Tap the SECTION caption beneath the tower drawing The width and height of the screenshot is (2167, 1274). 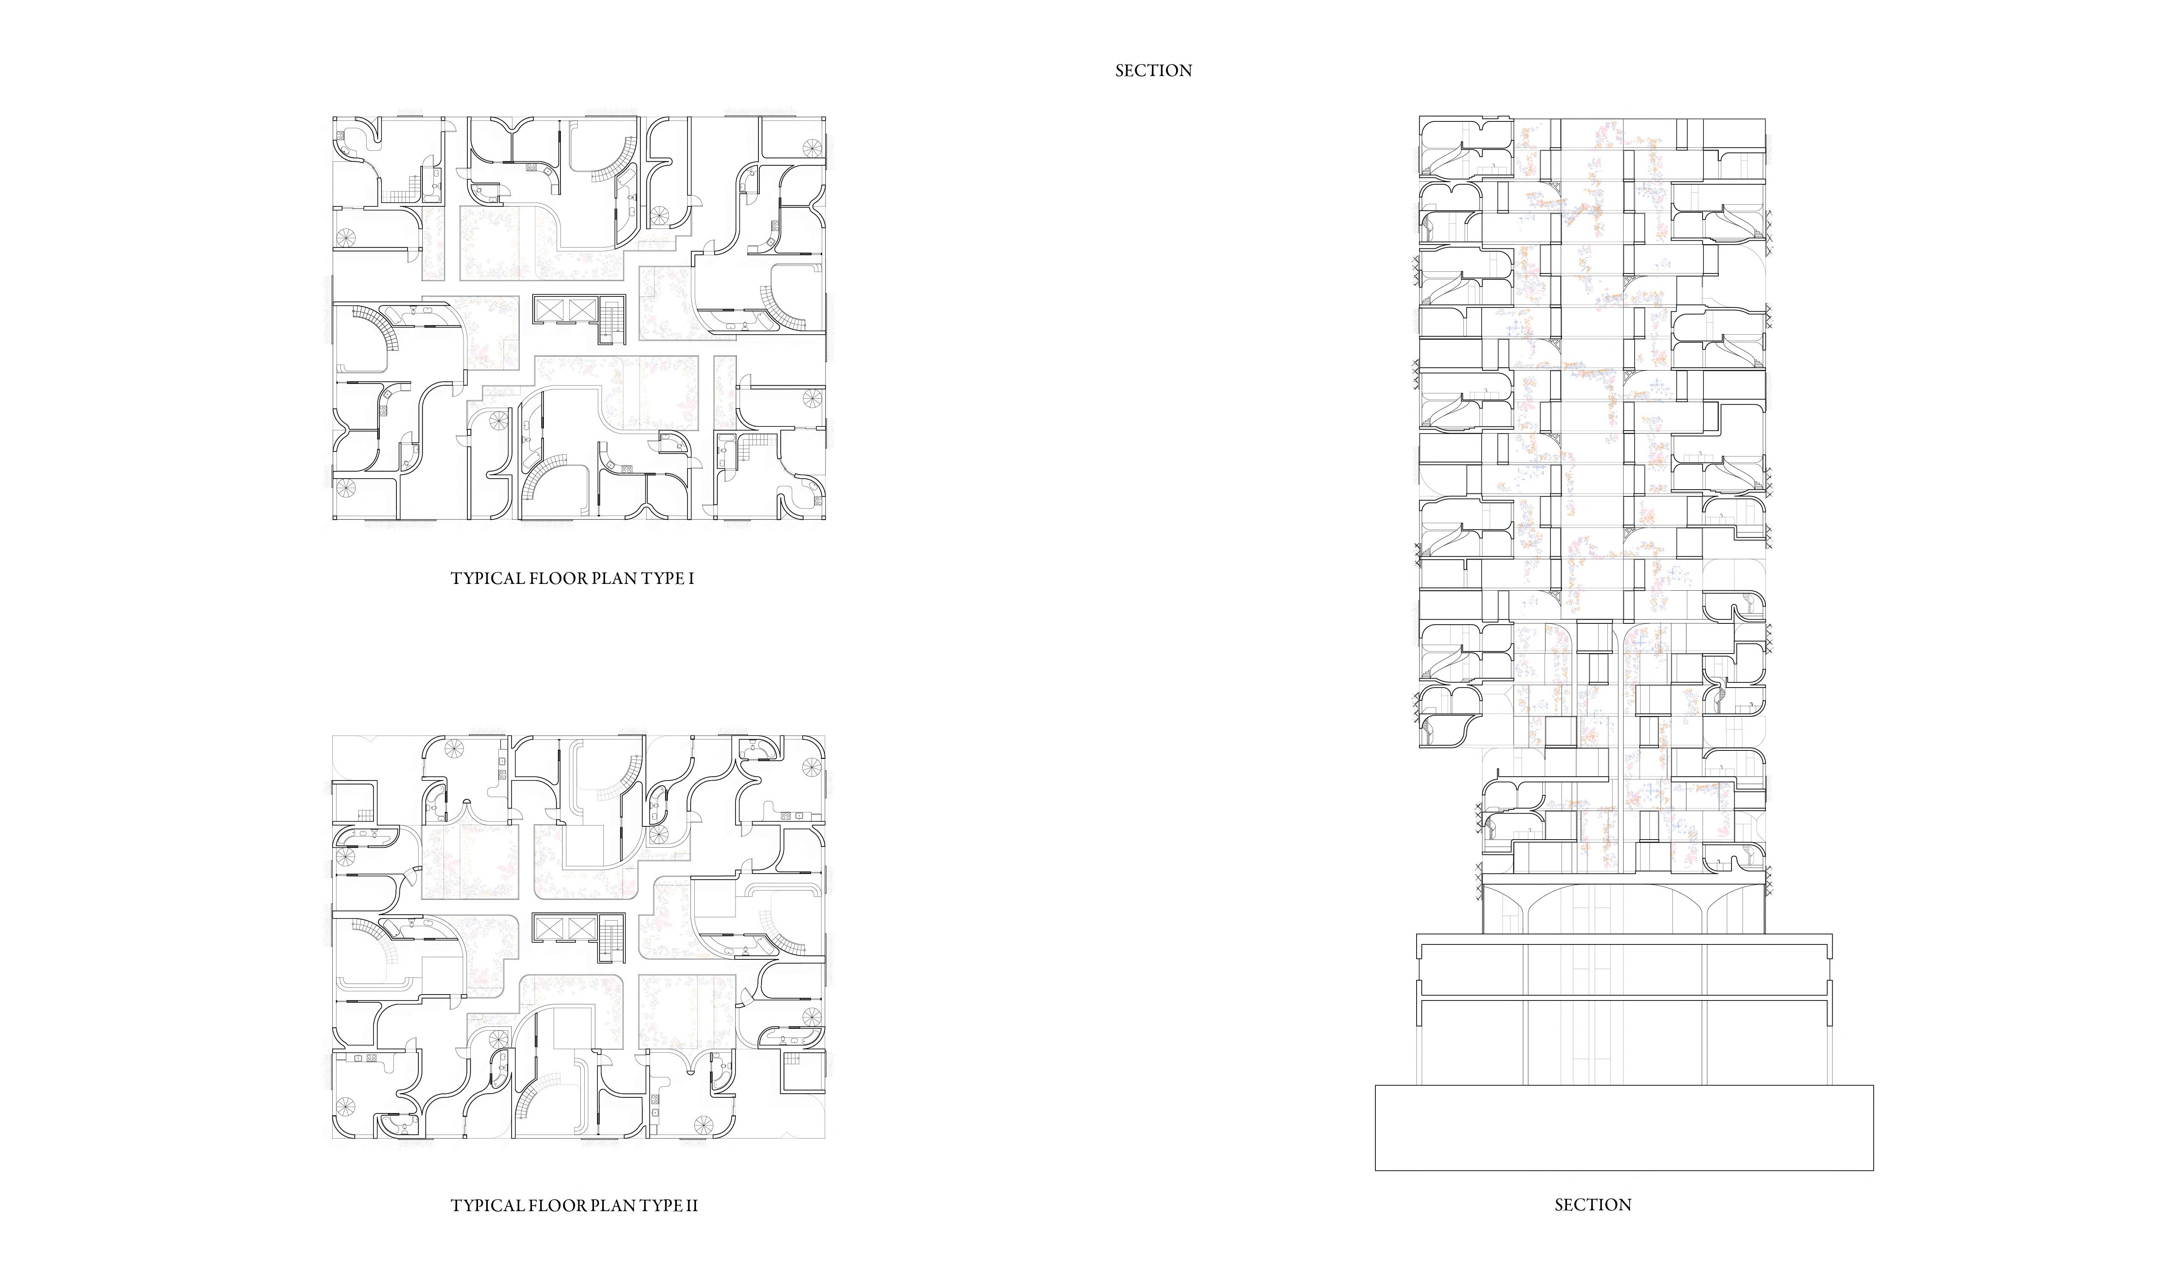coord(1593,1205)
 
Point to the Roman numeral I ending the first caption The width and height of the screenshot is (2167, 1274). coord(690,578)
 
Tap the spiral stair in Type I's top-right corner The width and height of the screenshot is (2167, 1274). coord(812,147)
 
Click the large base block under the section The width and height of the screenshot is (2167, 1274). coord(1624,1127)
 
